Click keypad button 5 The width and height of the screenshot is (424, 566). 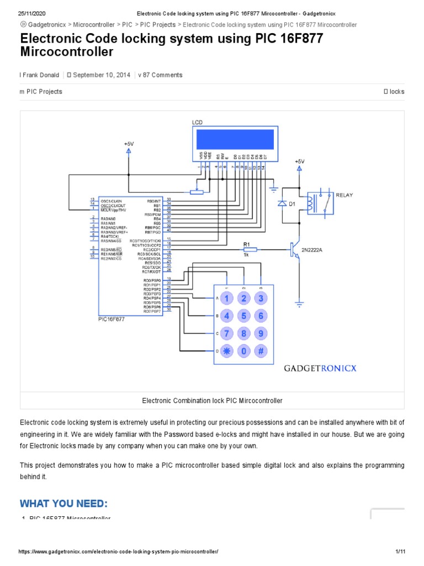(x=243, y=316)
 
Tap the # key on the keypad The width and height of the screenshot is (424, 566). (x=261, y=351)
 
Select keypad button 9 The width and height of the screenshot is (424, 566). (x=261, y=333)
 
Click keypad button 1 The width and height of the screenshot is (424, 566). (x=226, y=298)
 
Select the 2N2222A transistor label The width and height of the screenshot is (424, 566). (x=312, y=250)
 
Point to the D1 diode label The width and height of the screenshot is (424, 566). (x=293, y=204)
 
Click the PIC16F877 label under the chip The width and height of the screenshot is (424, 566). (x=112, y=319)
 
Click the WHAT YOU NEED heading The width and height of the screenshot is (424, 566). (x=63, y=504)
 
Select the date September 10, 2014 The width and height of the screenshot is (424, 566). (x=102, y=75)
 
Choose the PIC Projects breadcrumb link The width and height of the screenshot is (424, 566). (x=158, y=25)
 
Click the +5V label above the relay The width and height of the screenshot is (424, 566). (x=299, y=161)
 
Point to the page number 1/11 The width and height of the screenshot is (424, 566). (x=401, y=552)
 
